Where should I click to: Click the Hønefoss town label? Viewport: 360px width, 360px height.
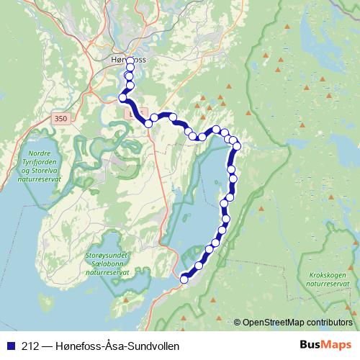click(x=129, y=60)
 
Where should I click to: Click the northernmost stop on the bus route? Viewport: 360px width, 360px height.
click(x=130, y=62)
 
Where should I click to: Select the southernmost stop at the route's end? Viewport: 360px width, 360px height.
click(x=184, y=279)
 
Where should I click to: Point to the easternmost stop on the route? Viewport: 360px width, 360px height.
click(x=236, y=147)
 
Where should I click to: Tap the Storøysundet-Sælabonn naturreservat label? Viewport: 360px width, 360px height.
click(x=107, y=264)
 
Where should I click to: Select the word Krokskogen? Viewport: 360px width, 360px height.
click(x=326, y=275)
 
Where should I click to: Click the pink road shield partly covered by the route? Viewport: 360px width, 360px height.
click(x=130, y=113)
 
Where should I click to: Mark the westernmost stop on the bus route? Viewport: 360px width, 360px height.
click(x=122, y=97)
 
